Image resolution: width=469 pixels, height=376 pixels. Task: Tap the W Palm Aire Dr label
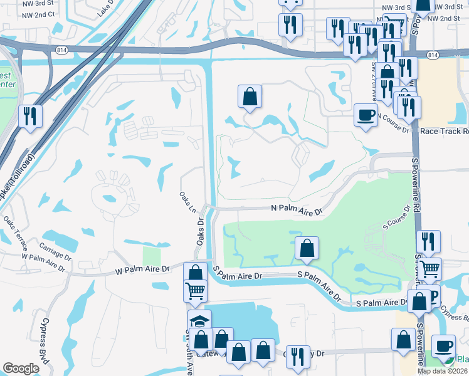click(x=142, y=269)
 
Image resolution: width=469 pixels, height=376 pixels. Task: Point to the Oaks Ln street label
click(x=186, y=202)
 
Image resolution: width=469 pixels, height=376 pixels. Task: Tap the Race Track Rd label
click(x=444, y=132)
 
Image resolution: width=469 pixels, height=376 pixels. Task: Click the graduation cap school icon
click(x=200, y=321)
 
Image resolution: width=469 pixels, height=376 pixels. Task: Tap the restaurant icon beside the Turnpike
click(x=30, y=115)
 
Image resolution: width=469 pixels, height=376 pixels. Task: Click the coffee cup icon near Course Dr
click(x=366, y=114)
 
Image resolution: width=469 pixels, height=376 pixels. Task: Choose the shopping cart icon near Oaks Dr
click(x=196, y=291)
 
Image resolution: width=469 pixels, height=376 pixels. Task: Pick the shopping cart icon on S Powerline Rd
click(x=429, y=269)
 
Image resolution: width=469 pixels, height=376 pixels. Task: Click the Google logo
click(x=21, y=368)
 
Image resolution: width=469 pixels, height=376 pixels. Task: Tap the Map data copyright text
click(x=442, y=371)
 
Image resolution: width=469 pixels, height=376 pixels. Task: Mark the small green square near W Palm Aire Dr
click(x=152, y=256)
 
